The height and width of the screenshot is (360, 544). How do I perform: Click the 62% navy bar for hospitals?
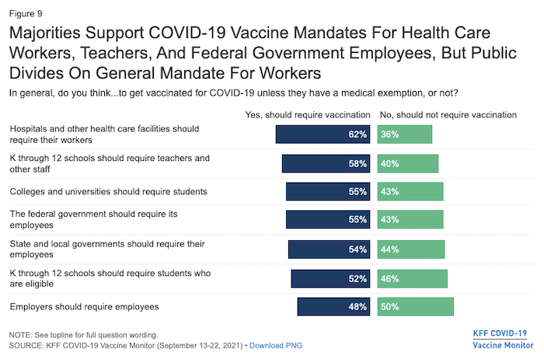tap(323, 135)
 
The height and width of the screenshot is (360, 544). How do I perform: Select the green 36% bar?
tap(405, 135)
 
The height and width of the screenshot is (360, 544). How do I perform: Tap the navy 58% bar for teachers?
tap(326, 163)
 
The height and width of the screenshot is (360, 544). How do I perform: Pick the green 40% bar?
tap(408, 163)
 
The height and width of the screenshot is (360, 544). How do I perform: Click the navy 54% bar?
tap(330, 249)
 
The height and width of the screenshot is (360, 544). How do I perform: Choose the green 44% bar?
tap(411, 249)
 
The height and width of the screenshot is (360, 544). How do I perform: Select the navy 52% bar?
tap(331, 278)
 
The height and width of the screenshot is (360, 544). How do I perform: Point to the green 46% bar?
tap(413, 278)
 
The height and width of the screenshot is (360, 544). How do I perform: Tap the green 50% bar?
tap(416, 306)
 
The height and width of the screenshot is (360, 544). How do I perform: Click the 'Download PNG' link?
tap(276, 345)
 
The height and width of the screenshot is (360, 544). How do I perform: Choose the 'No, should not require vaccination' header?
tap(447, 114)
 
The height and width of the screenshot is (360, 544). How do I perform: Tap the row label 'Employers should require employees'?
tap(84, 306)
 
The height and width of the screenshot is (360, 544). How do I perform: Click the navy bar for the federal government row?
tap(329, 220)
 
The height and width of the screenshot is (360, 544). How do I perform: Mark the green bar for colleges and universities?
tap(410, 191)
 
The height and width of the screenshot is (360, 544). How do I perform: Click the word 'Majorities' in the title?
tap(47, 35)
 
